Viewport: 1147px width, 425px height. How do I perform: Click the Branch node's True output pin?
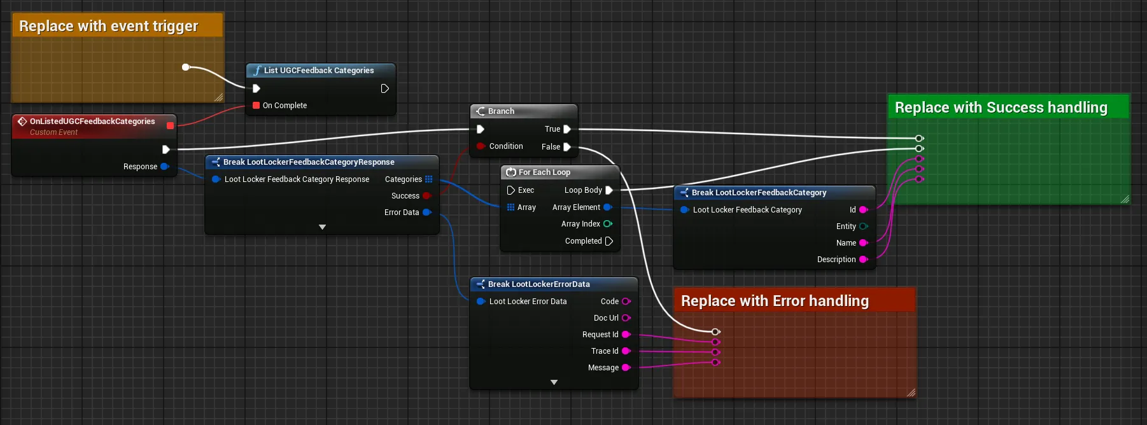(566, 129)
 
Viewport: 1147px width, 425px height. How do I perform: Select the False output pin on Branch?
(566, 147)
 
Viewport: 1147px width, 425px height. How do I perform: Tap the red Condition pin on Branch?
(481, 146)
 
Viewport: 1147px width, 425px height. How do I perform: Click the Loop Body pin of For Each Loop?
(609, 190)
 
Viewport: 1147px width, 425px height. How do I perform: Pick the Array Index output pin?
(608, 224)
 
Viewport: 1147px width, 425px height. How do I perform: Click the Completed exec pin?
(609, 241)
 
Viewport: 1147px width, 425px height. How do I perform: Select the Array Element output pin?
(608, 207)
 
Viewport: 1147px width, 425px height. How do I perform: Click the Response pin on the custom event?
(165, 167)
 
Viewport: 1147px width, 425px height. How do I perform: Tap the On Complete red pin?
(256, 106)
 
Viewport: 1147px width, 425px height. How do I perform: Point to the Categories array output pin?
(429, 179)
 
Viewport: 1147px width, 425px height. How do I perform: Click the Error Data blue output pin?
(427, 212)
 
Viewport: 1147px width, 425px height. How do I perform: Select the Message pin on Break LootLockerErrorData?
(626, 368)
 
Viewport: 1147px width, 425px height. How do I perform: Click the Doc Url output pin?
(626, 318)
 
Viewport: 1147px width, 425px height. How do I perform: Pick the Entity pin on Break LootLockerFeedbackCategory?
(864, 226)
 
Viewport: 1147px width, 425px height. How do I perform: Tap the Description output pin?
(864, 260)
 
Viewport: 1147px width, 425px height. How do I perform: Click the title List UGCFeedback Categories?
(319, 71)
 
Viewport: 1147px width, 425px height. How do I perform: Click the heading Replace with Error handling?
(775, 301)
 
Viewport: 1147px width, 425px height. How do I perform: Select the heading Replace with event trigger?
(109, 26)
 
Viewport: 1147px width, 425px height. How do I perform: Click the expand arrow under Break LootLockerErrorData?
(554, 382)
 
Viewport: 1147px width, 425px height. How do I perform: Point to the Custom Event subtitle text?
(53, 132)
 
